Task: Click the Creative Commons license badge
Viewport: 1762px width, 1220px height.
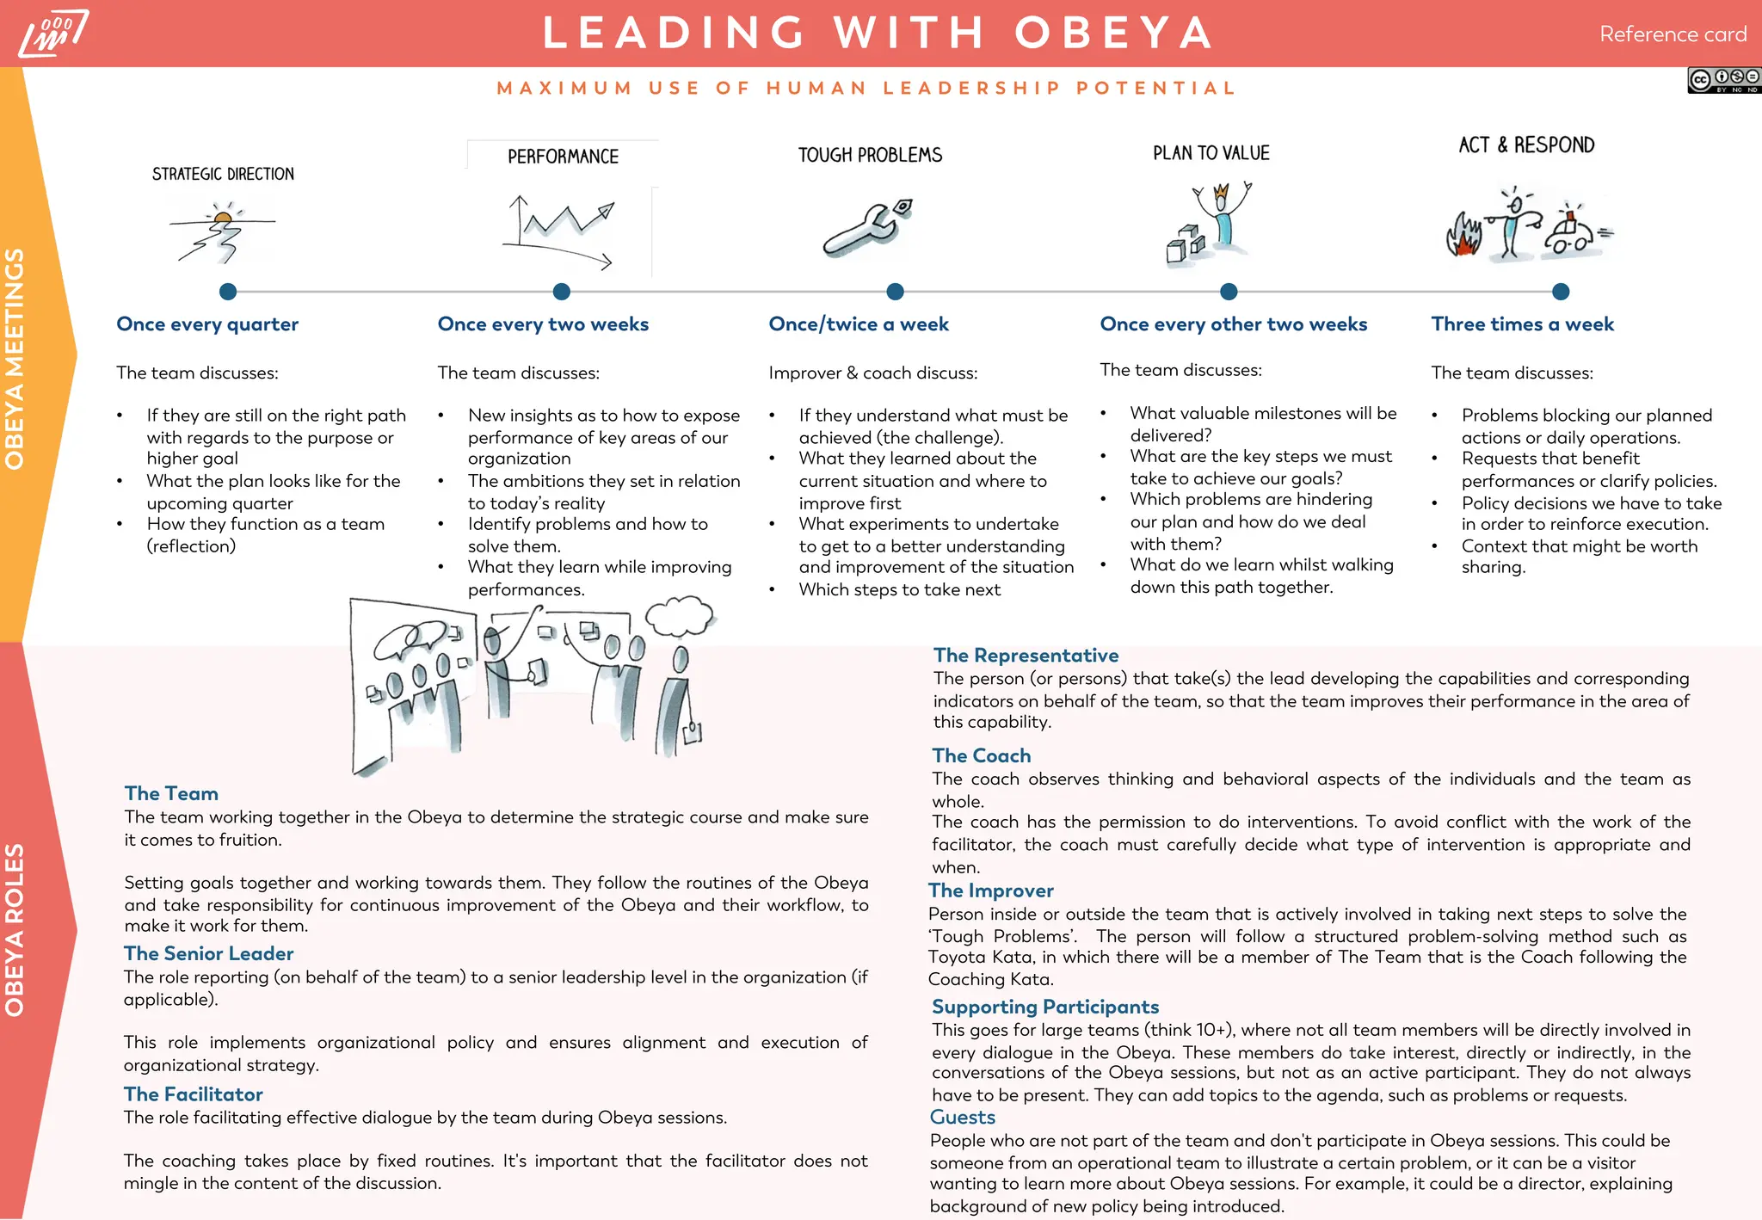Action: click(x=1723, y=80)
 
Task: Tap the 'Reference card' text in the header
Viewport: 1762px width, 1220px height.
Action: click(x=1673, y=34)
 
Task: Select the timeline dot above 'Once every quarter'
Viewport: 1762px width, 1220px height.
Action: click(x=228, y=292)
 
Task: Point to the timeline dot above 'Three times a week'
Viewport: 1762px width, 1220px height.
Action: click(x=1561, y=292)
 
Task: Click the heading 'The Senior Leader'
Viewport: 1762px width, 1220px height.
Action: click(x=208, y=953)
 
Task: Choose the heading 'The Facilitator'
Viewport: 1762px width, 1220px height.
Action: click(x=193, y=1094)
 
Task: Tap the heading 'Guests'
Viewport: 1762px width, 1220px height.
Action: click(x=962, y=1117)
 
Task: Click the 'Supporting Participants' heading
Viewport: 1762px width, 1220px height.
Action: click(x=1044, y=1007)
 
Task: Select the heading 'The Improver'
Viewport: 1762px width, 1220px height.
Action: click(x=990, y=890)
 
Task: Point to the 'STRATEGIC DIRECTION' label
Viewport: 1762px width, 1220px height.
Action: click(x=223, y=175)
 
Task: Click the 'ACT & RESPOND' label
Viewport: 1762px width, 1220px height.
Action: click(x=1526, y=145)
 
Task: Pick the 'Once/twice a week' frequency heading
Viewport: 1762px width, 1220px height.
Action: click(x=859, y=324)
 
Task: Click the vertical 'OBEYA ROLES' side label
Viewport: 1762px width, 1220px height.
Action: click(x=15, y=930)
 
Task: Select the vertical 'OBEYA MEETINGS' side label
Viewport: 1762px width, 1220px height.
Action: click(x=15, y=358)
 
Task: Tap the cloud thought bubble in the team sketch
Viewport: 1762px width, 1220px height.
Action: click(x=680, y=614)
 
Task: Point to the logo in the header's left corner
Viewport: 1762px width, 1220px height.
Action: click(x=53, y=34)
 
